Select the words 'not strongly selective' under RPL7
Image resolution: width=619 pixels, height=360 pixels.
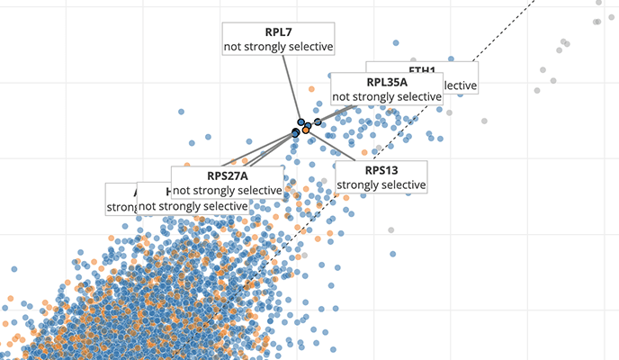click(x=279, y=46)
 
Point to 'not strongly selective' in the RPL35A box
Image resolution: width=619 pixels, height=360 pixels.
click(x=387, y=96)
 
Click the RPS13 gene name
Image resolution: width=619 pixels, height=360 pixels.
click(x=381, y=170)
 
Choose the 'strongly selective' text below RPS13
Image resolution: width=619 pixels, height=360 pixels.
click(x=381, y=184)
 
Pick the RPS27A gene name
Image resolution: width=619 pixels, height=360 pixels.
click(x=227, y=175)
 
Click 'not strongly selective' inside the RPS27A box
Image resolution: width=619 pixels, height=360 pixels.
click(x=227, y=190)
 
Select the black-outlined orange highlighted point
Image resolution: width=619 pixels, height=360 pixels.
click(x=306, y=130)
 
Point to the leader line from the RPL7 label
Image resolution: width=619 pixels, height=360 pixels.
click(x=290, y=86)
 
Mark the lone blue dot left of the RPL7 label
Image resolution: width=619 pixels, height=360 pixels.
click(x=182, y=112)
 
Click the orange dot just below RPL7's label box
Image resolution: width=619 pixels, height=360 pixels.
click(x=310, y=89)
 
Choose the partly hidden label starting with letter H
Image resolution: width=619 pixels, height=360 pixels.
click(x=170, y=192)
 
